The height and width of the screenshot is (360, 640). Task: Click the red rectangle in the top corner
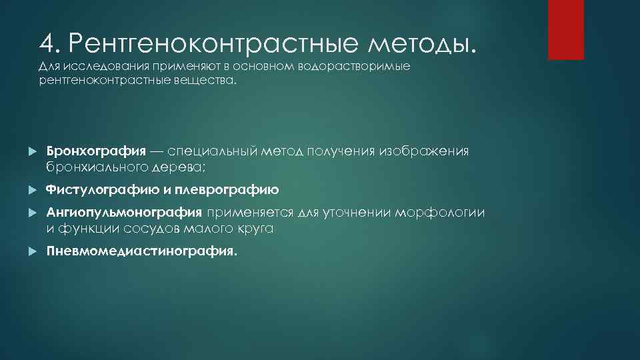click(x=565, y=29)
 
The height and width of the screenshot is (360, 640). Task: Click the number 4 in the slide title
click(x=47, y=44)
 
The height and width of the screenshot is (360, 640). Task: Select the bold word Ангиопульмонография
click(x=123, y=213)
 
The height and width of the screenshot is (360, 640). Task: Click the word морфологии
click(x=441, y=213)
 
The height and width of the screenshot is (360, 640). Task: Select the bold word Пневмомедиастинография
click(x=141, y=252)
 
